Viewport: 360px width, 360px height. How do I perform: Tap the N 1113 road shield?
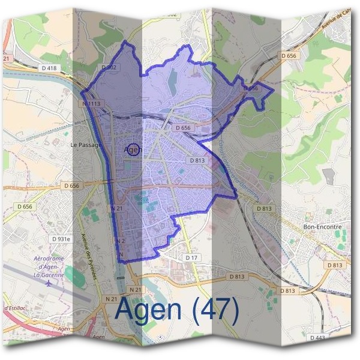point(92,103)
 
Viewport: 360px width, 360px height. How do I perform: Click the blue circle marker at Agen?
point(134,150)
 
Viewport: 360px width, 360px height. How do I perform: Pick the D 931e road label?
point(61,239)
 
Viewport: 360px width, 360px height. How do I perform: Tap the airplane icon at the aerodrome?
point(48,283)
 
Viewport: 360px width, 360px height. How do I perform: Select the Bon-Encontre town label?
point(322,227)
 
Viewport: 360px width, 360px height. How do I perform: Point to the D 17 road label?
point(191,257)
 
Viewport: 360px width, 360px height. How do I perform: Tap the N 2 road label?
point(119,241)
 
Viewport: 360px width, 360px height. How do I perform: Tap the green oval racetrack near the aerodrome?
point(74,275)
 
